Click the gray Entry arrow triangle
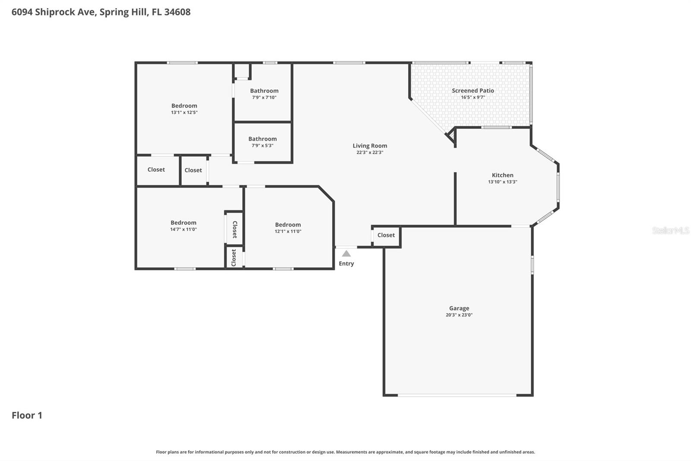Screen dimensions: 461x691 coord(346,253)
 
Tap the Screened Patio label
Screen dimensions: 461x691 coord(473,90)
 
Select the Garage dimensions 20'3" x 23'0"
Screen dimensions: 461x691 coord(459,315)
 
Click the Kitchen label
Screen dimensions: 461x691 coord(503,175)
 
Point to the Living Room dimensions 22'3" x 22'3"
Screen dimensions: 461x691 coord(370,153)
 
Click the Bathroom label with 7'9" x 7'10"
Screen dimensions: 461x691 coord(264,91)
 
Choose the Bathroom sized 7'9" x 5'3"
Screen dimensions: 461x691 coord(263,139)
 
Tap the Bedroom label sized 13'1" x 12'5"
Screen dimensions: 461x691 coord(184,106)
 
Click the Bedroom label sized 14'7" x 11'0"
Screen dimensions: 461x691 coord(183,223)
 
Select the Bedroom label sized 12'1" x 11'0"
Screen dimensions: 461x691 coord(288,224)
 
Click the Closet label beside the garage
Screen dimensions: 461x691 coord(386,235)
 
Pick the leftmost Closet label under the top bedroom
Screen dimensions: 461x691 coord(156,170)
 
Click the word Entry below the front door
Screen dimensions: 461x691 coord(346,263)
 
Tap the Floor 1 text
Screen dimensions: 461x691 coord(27,415)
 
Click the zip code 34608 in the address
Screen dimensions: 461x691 coord(177,12)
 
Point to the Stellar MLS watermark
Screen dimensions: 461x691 coord(670,230)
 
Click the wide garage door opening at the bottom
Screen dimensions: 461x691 coord(457,395)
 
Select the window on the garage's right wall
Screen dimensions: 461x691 coord(532,264)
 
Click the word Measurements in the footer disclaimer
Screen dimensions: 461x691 coord(349,452)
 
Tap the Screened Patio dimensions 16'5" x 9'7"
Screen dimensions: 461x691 coord(473,97)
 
